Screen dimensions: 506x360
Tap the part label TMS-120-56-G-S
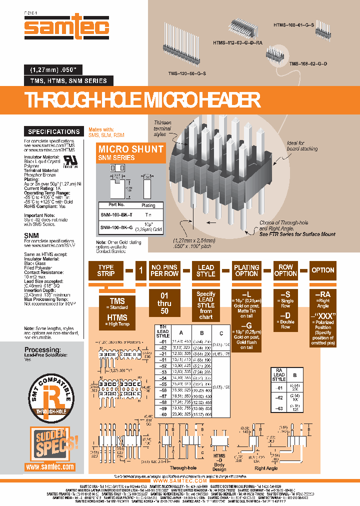(x=187, y=73)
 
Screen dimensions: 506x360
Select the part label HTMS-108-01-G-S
(x=293, y=23)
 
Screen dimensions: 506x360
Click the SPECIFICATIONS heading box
(x=53, y=132)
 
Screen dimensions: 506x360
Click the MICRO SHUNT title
(x=130, y=149)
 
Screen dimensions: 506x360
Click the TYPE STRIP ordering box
(x=105, y=270)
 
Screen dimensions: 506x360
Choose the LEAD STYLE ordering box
(x=205, y=270)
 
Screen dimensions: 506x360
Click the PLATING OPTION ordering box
(x=246, y=270)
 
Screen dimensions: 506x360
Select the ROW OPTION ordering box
(x=285, y=270)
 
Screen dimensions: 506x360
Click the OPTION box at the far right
(x=323, y=270)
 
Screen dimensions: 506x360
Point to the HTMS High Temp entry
(x=117, y=319)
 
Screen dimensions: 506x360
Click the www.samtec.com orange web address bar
(x=50, y=466)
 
